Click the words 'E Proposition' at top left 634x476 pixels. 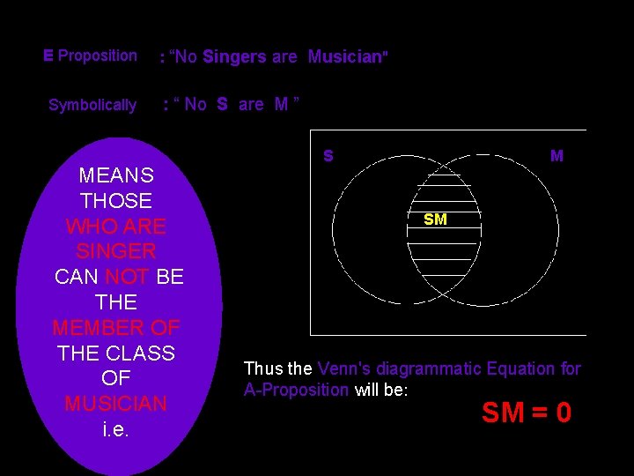[90, 56]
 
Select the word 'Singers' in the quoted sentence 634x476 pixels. [234, 57]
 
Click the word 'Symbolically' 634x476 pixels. [92, 106]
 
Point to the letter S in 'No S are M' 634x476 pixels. [222, 104]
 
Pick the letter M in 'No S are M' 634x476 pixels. [282, 104]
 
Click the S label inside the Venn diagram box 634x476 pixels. [328, 156]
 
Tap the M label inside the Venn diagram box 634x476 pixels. [557, 156]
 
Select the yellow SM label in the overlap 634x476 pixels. [435, 219]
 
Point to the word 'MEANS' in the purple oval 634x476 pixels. [116, 175]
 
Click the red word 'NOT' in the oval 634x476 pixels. [128, 277]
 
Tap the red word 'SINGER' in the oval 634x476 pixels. [116, 251]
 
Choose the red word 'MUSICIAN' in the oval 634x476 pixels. [116, 404]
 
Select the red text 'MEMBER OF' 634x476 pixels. [116, 328]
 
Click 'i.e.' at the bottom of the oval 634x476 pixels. [116, 430]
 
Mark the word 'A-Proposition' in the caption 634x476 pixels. [297, 390]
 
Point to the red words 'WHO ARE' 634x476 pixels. [116, 227]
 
